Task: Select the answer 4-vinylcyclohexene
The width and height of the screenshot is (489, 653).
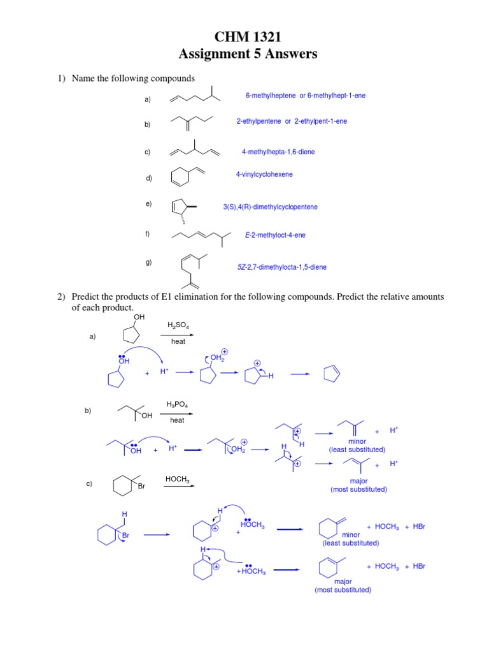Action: (x=264, y=174)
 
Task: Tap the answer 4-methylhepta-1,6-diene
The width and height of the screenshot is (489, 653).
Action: (x=278, y=152)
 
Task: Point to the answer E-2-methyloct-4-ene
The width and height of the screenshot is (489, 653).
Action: (x=275, y=235)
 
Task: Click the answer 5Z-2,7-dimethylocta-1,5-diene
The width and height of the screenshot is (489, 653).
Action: (x=281, y=267)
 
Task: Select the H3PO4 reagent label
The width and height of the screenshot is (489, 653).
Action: (x=177, y=404)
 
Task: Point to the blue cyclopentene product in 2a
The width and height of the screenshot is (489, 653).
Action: (x=333, y=376)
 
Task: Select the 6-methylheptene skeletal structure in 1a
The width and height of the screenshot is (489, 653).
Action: (x=195, y=97)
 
